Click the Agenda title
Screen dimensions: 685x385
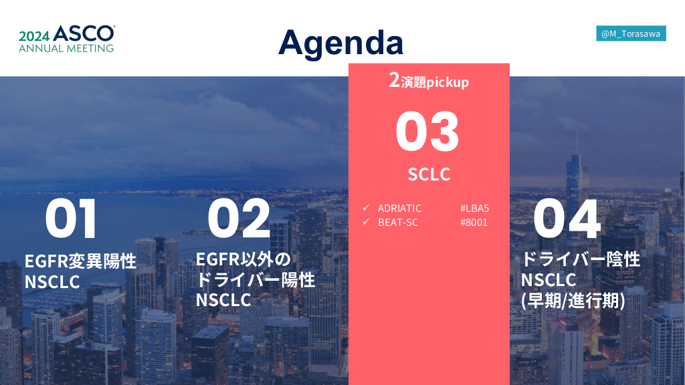pos(340,43)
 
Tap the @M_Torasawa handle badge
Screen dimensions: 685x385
pos(631,33)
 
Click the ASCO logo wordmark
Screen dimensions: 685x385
pos(84,33)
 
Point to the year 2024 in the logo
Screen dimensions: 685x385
pos(34,36)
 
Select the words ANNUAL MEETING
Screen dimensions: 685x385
pos(66,48)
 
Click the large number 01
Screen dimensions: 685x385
pos(71,219)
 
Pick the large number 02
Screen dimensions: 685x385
pos(239,219)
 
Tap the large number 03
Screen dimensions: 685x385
pos(427,131)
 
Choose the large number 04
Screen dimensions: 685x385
pos(567,219)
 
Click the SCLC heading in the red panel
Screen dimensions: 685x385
pos(429,174)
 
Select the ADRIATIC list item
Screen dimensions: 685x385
pos(400,209)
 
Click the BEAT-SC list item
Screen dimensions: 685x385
pos(398,222)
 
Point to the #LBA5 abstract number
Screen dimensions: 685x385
pos(474,209)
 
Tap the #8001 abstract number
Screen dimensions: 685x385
pos(474,222)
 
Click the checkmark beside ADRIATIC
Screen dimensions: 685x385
pos(366,208)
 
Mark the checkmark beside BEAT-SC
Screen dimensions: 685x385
pos(366,222)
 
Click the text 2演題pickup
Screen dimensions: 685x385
pos(429,81)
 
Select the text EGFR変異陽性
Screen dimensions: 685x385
pos(80,261)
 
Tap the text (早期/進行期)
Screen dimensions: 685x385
pos(573,300)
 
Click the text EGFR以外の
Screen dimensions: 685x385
pos(243,259)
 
